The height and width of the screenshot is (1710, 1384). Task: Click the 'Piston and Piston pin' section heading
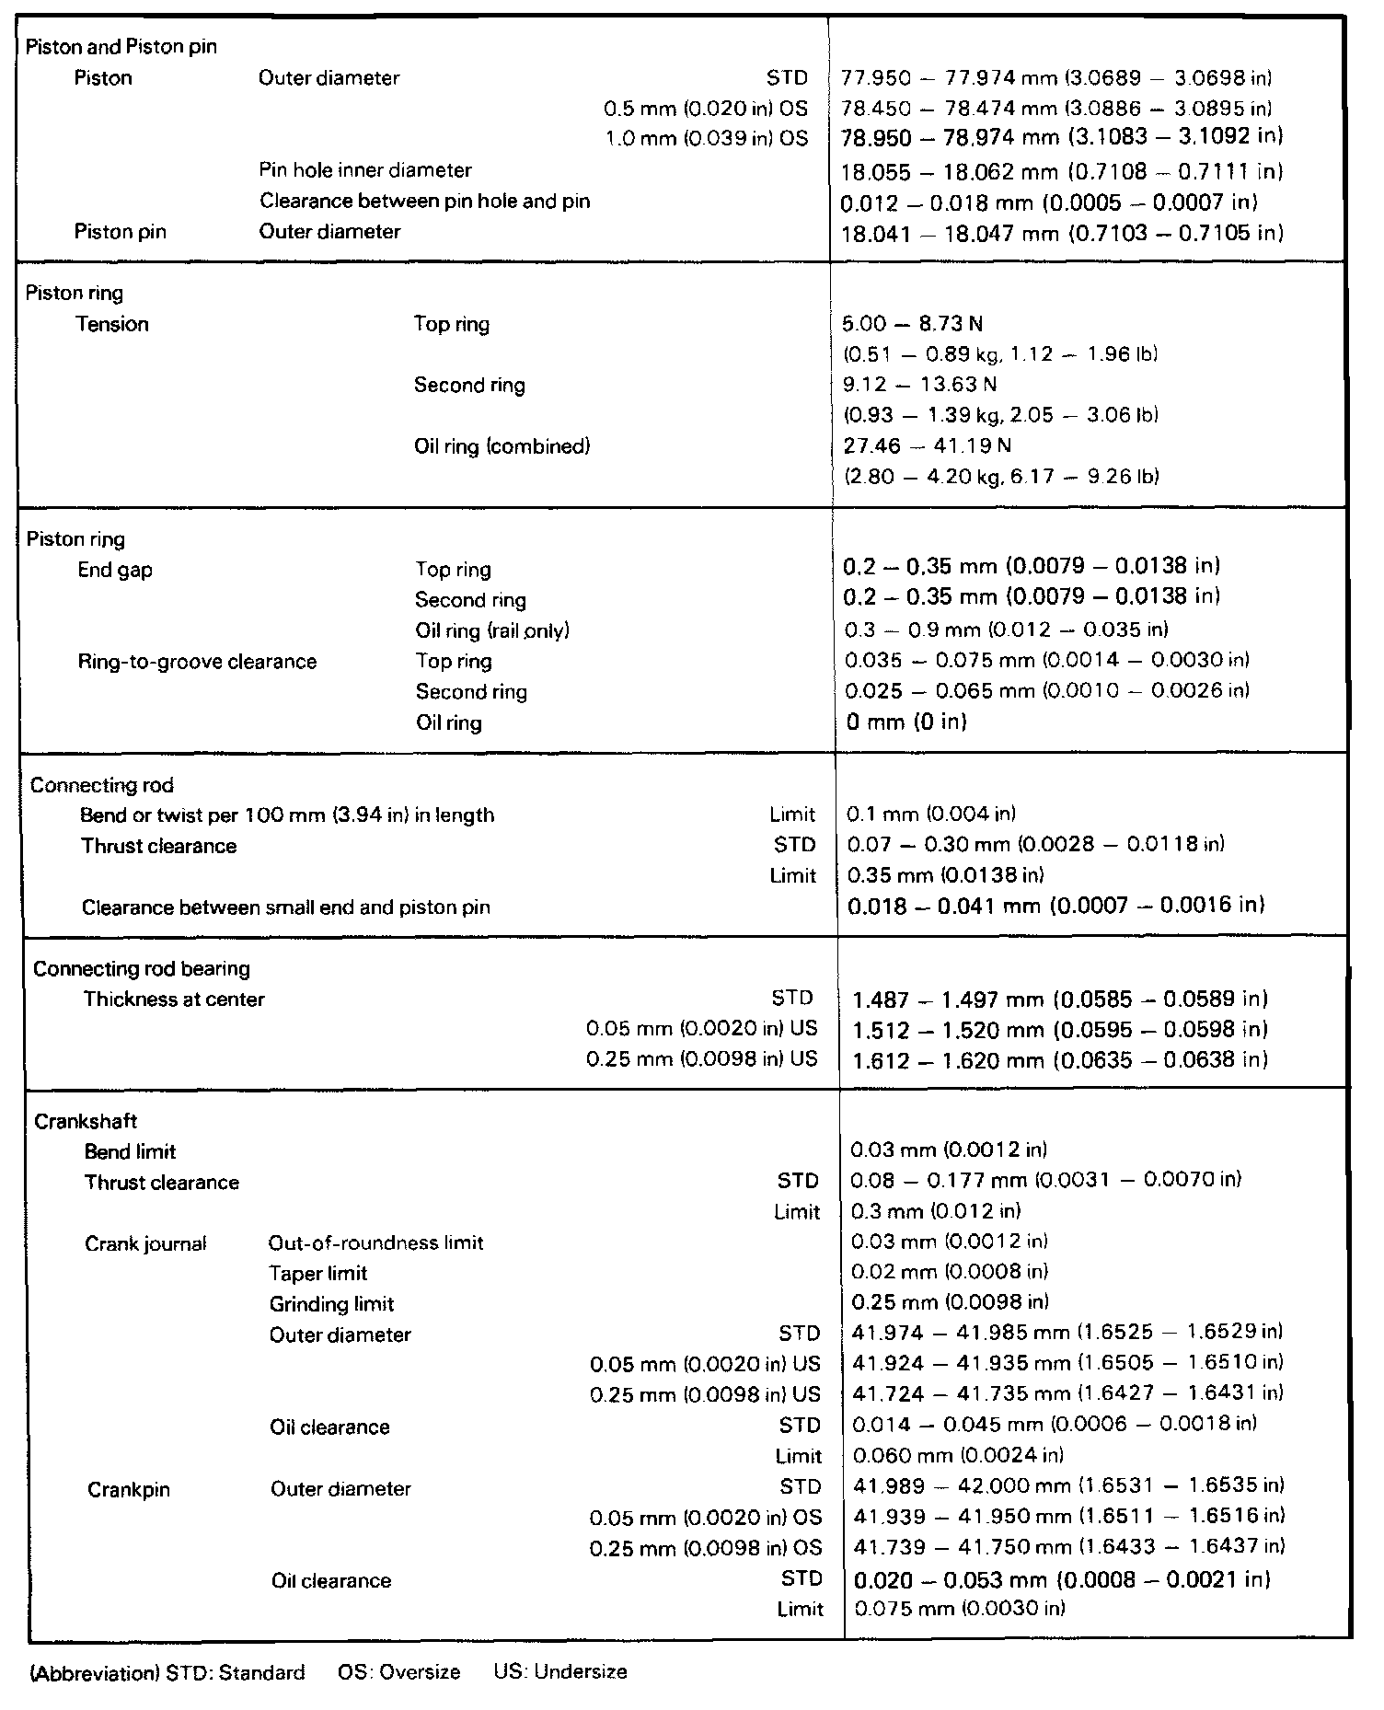(121, 47)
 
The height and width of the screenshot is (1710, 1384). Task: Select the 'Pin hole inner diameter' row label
(365, 170)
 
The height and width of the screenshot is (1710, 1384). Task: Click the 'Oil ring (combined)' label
(502, 446)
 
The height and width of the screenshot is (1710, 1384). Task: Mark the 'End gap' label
(115, 570)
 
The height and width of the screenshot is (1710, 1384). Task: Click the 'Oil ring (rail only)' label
(492, 630)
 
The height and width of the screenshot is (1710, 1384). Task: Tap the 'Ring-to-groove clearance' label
(197, 662)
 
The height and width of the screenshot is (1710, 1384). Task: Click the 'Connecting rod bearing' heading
(142, 968)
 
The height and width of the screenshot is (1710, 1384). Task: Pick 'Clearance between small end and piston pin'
(286, 907)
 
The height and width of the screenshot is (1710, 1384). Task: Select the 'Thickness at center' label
(174, 999)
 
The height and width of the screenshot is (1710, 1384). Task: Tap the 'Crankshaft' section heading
(86, 1121)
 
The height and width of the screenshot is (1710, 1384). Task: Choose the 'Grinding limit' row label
(331, 1304)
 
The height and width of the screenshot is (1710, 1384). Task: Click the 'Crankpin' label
(129, 1489)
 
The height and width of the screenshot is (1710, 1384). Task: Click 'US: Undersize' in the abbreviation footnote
(559, 1671)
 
